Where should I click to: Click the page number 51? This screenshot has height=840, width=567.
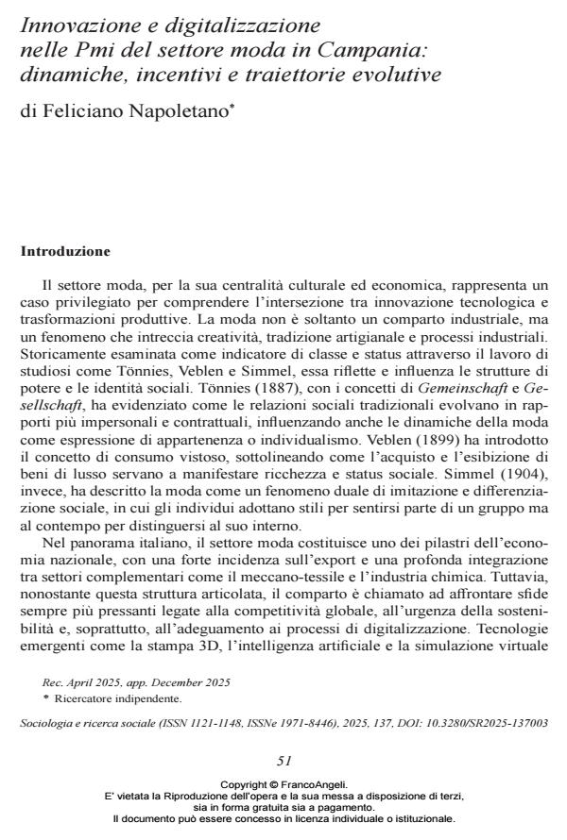(283, 760)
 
